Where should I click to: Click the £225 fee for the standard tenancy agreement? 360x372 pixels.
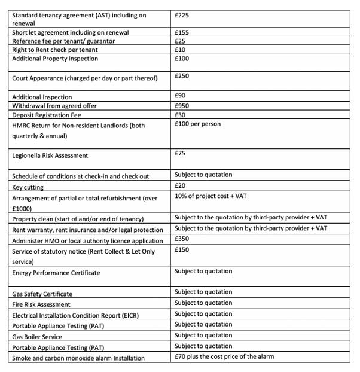(182, 14)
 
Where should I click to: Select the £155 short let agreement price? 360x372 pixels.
(182, 32)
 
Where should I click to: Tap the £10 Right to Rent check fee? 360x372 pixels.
(180, 50)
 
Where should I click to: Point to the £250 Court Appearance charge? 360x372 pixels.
(182, 76)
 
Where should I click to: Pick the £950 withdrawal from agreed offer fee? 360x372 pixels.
(182, 106)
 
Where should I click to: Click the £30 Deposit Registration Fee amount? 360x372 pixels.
(180, 115)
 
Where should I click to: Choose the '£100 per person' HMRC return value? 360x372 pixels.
(197, 124)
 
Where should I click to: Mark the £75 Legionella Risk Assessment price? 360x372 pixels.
(180, 153)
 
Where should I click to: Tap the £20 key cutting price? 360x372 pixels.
(180, 186)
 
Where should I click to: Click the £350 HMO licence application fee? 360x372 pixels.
(182, 239)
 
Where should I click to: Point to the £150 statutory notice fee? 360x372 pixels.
(182, 249)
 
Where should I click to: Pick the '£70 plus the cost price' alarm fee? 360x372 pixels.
(224, 357)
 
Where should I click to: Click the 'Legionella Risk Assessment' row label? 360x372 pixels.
(50, 155)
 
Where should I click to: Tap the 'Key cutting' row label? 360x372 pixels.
(28, 187)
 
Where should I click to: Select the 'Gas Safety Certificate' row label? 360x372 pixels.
(42, 294)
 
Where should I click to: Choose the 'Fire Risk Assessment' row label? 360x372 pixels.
(41, 304)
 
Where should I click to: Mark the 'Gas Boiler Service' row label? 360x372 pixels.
(38, 337)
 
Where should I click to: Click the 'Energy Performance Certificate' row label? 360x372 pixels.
(56, 273)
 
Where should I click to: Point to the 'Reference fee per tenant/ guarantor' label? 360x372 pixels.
(63, 41)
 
